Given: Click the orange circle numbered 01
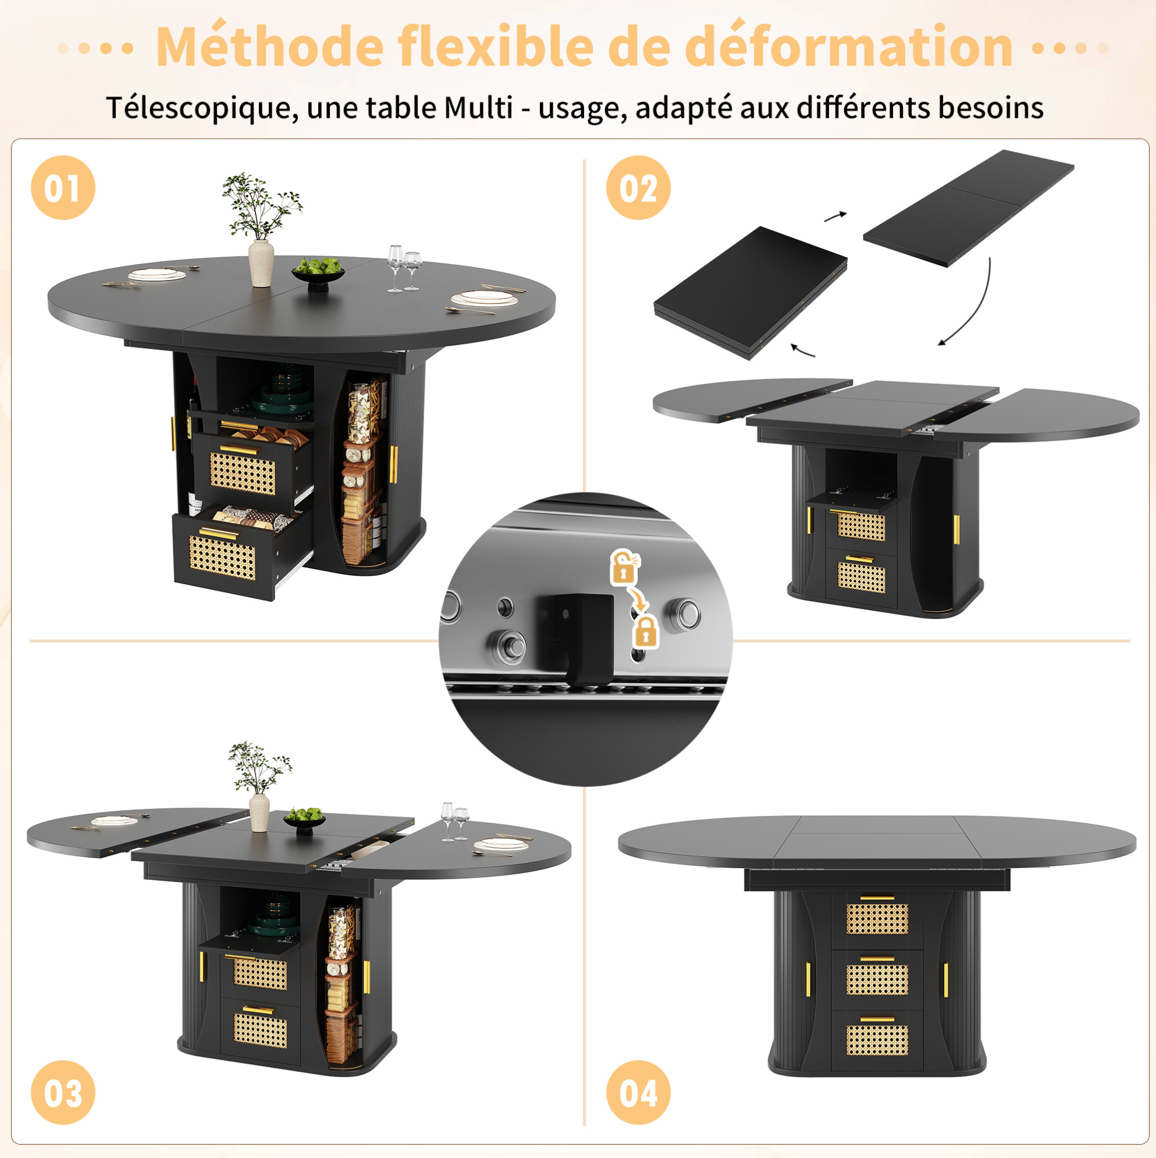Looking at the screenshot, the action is tap(63, 188).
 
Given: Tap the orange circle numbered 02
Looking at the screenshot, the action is tap(638, 188).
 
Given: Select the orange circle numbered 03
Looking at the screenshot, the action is tap(63, 1092).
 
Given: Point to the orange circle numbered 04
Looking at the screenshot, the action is tap(638, 1092).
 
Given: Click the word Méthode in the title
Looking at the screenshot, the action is tap(270, 45).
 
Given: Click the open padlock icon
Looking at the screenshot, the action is tap(624, 567).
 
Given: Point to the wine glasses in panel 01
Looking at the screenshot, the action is tap(404, 268).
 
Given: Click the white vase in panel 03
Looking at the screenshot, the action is tap(259, 812).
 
